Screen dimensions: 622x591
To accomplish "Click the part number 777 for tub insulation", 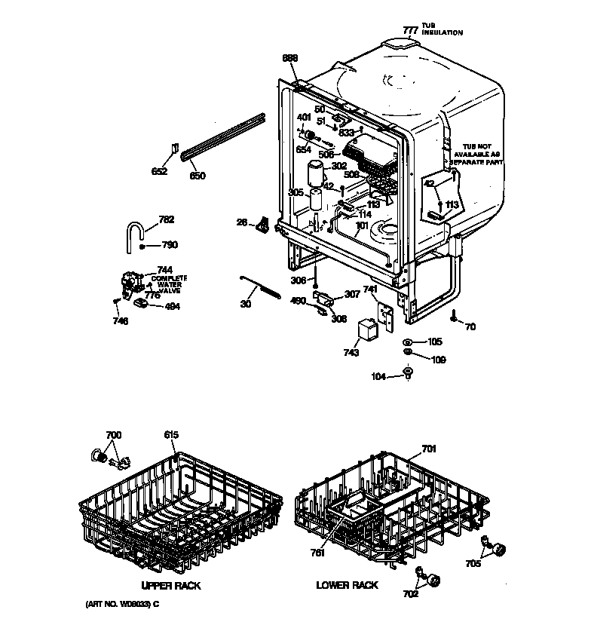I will [x=409, y=30].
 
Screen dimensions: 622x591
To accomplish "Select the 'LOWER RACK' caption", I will [x=347, y=586].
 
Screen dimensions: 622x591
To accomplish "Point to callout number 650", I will [x=197, y=176].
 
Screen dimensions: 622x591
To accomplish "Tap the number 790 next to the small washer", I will [x=170, y=245].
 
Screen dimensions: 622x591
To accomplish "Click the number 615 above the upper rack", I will [x=172, y=435].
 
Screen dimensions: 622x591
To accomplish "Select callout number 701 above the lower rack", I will [x=428, y=450].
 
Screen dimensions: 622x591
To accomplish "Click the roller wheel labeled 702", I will [x=433, y=581].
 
